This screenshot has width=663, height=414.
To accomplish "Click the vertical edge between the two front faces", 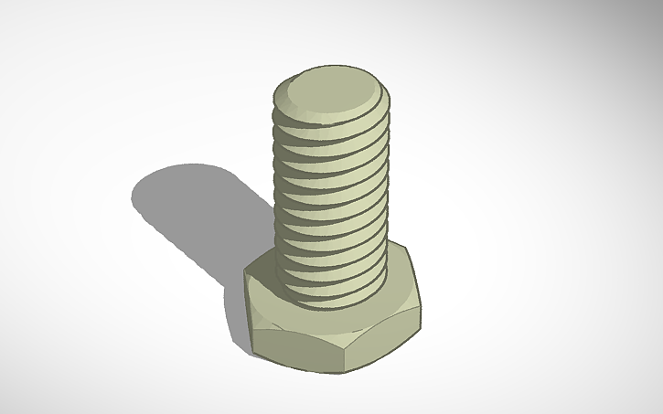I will coord(346,352).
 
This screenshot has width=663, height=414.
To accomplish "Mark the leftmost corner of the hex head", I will coord(245,272).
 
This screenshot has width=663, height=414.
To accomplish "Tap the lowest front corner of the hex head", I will coord(346,373).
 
